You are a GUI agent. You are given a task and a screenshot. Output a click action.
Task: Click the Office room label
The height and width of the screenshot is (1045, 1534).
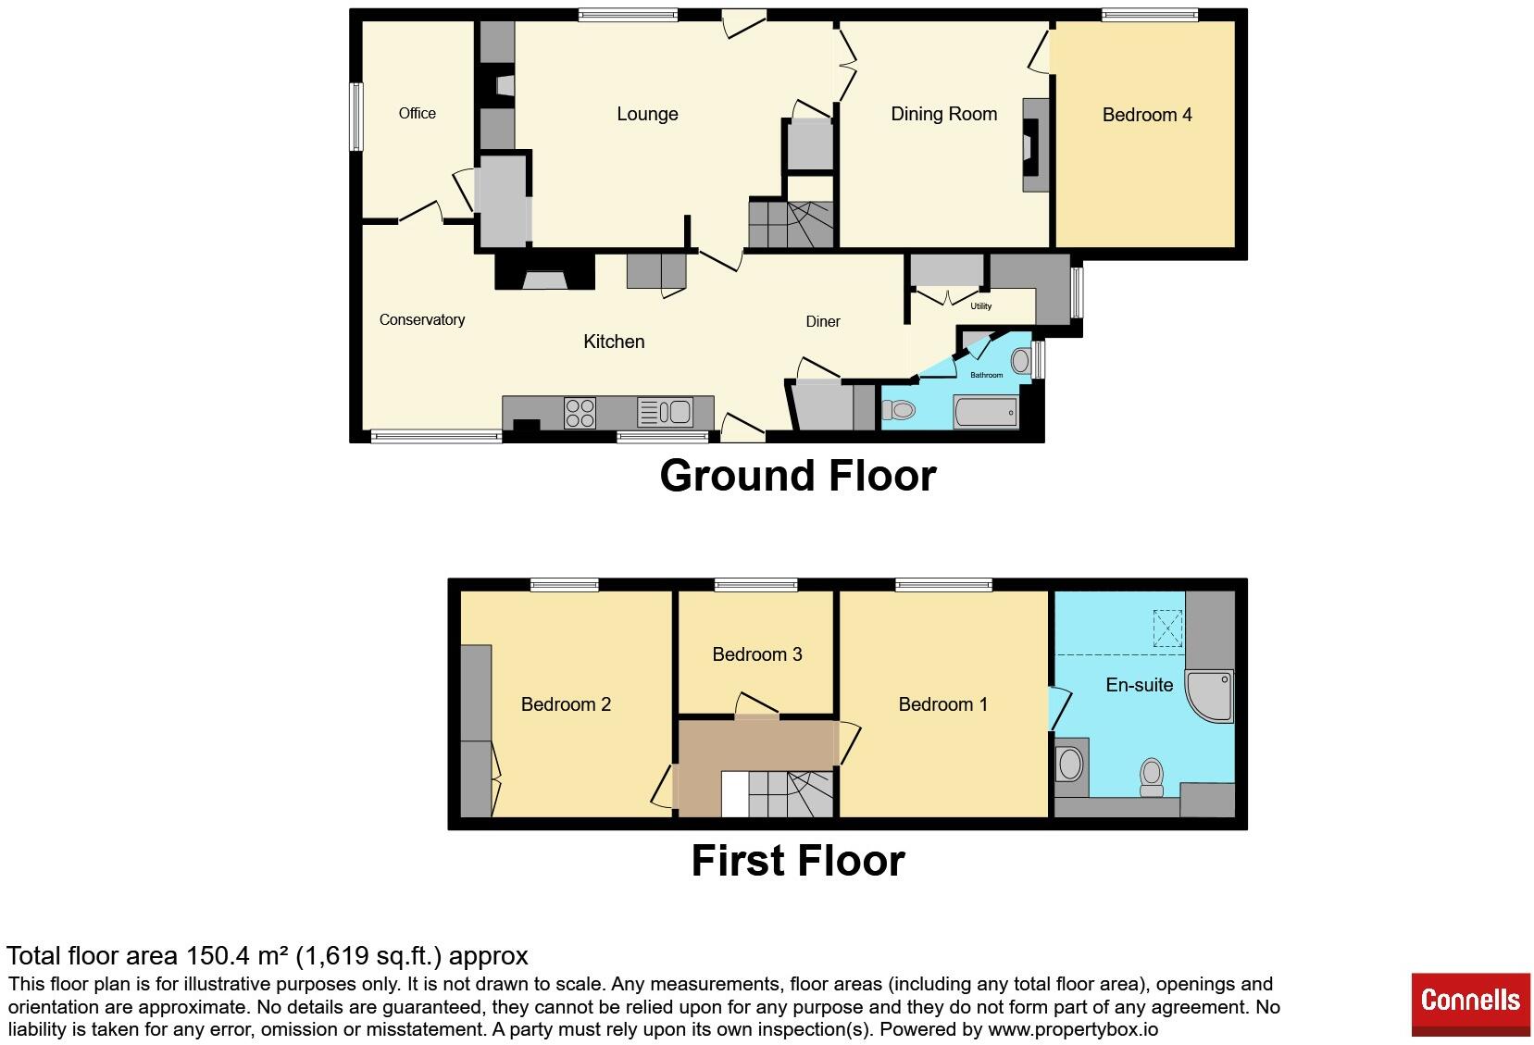point(417,113)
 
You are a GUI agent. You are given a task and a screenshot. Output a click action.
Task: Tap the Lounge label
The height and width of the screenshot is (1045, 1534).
point(647,114)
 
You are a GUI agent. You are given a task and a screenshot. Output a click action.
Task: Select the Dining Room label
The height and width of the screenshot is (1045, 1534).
point(943,114)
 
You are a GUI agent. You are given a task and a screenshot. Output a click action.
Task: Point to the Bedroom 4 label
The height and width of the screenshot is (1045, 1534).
point(1147,115)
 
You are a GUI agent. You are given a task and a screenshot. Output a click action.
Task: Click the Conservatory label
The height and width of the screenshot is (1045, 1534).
point(422,320)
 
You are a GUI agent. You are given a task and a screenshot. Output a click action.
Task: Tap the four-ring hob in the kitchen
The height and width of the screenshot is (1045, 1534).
point(580,413)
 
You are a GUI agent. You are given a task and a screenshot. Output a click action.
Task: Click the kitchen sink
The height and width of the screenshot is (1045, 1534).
point(665,412)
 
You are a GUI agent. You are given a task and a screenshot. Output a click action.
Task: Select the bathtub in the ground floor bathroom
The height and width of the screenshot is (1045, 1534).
point(985,412)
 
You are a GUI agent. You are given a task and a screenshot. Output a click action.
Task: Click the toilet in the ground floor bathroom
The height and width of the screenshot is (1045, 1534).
point(898,410)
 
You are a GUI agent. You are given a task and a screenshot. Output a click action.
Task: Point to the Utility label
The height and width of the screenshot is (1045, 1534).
point(980,306)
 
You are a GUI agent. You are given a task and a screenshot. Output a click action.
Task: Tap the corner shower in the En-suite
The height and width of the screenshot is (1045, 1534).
point(1209,696)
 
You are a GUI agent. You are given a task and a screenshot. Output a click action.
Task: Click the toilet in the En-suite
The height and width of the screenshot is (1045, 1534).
point(1152,778)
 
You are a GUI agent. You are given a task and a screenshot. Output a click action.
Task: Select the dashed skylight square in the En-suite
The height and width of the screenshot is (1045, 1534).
point(1167,628)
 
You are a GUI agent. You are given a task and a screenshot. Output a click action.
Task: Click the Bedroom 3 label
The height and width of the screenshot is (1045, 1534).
point(756,654)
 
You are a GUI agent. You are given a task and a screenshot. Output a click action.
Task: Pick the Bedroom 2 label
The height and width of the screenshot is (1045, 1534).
point(566,704)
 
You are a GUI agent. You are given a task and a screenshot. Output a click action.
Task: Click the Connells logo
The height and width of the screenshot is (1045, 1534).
point(1470,1004)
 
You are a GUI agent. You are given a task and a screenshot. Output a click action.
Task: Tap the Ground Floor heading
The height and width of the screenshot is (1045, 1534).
point(798,475)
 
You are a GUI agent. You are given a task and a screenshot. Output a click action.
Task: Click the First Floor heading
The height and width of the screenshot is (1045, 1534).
point(798,861)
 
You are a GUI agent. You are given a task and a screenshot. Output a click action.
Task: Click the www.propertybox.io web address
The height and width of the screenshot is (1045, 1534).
point(1073,1029)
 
